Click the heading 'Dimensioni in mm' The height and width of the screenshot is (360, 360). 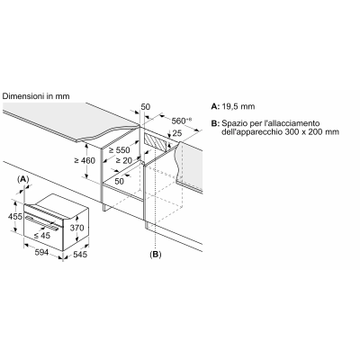tap(36, 96)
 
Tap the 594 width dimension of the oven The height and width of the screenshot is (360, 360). tap(41, 253)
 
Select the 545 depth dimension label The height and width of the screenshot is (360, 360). tap(80, 255)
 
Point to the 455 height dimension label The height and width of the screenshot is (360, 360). tap(15, 216)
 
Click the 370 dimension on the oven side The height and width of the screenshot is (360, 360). tap(76, 228)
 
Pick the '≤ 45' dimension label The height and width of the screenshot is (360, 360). tap(42, 236)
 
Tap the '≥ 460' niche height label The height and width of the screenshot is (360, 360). tap(85, 161)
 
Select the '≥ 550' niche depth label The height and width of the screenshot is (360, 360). tap(119, 150)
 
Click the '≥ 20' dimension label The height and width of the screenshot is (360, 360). tap(124, 161)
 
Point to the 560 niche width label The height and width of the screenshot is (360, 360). tap(181, 121)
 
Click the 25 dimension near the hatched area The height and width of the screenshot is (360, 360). tap(177, 132)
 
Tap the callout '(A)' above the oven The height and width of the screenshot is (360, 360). tap(23, 179)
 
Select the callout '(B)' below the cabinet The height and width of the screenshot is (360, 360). tap(156, 255)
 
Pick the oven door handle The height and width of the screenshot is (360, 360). tap(41, 223)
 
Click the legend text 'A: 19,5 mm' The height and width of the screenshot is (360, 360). tap(233, 106)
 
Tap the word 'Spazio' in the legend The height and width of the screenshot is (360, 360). tap(232, 123)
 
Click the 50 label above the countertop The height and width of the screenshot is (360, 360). tap(146, 107)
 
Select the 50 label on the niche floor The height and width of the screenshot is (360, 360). tap(119, 181)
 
